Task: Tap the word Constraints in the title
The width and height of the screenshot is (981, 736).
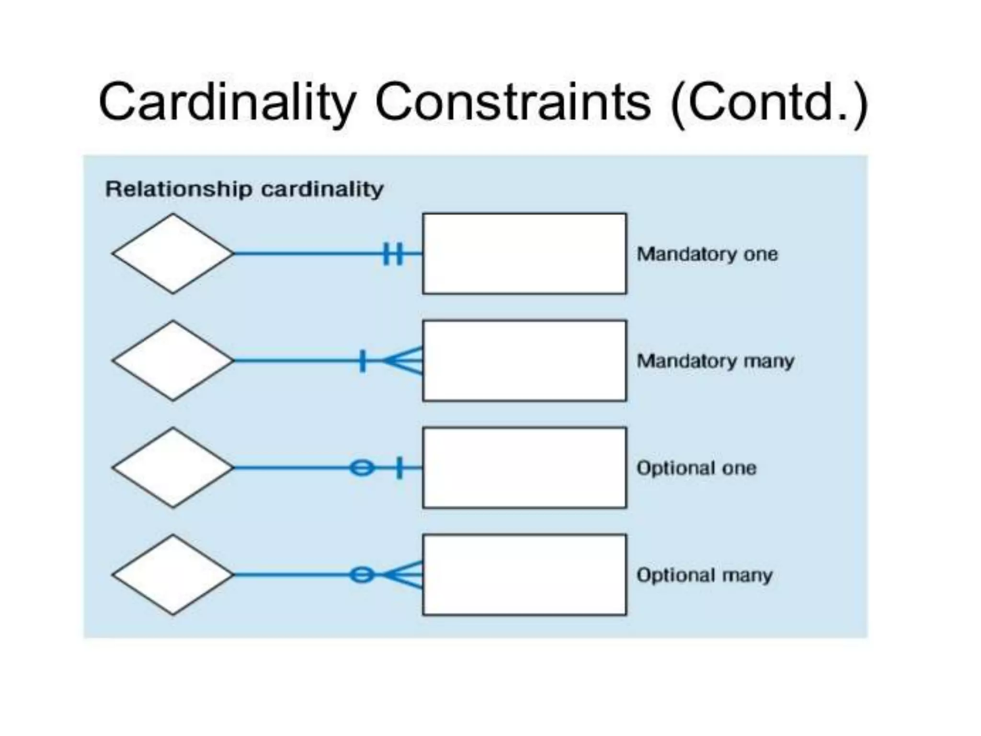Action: point(513,102)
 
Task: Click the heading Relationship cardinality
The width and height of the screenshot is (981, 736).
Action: point(244,189)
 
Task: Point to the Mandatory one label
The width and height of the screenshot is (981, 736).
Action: point(707,254)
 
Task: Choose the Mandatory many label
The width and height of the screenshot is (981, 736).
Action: point(715,361)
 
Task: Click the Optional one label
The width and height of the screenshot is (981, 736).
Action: point(696,468)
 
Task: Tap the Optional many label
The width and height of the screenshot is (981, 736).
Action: point(705,575)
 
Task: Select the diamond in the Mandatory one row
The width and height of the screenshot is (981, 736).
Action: point(173,253)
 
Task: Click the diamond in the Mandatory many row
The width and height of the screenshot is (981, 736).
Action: point(173,360)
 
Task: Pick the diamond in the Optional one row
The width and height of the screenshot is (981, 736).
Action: point(173,468)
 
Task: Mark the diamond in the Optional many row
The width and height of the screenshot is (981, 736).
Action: point(173,575)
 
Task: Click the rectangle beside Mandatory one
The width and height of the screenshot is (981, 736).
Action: point(525,253)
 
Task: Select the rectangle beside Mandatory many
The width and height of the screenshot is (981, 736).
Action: point(525,360)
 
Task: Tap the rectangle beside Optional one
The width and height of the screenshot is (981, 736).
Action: point(525,468)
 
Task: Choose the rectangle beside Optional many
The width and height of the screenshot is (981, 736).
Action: point(525,575)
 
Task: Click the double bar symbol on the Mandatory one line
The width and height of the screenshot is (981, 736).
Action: point(393,253)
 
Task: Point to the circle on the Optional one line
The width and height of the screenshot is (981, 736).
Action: point(362,468)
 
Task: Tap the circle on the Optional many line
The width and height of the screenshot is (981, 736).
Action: point(362,575)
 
